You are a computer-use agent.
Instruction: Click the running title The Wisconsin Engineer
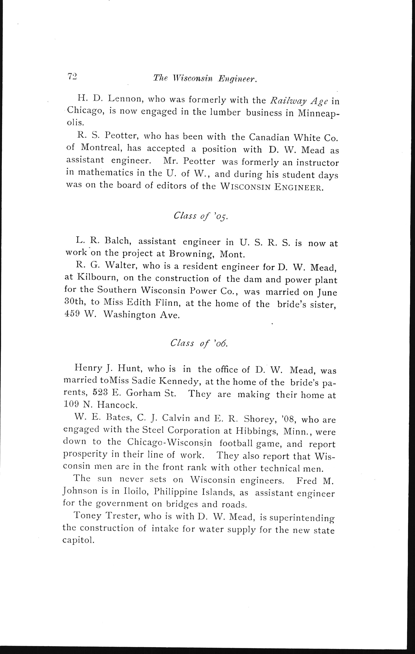tap(205, 79)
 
